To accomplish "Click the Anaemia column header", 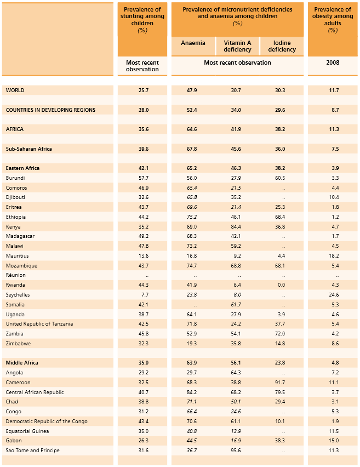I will [x=193, y=43].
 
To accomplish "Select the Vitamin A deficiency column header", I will [x=237, y=47].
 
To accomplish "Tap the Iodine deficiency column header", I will [x=282, y=47].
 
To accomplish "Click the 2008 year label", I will [x=332, y=63].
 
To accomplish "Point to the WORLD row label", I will [x=15, y=90].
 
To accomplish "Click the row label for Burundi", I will [x=15, y=178].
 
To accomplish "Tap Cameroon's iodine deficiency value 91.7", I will [x=279, y=383].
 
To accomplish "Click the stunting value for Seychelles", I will [x=142, y=295].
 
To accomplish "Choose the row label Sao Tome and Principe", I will [x=33, y=451].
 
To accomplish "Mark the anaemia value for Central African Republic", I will [x=192, y=392].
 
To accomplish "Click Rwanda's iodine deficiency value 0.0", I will [x=281, y=285].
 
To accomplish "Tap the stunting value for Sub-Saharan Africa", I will [x=142, y=149].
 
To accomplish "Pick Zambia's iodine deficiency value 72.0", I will [x=279, y=334].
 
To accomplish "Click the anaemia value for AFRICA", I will [x=192, y=129].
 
